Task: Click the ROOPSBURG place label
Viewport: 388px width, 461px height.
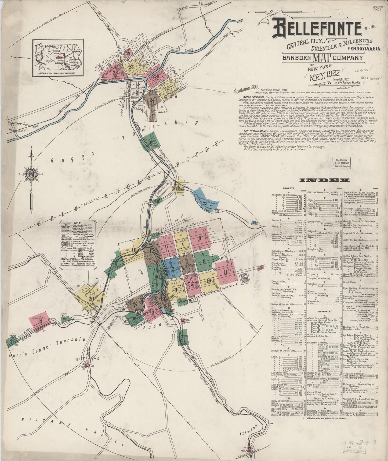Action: (91, 359)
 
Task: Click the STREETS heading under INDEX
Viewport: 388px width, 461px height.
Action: (288, 189)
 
